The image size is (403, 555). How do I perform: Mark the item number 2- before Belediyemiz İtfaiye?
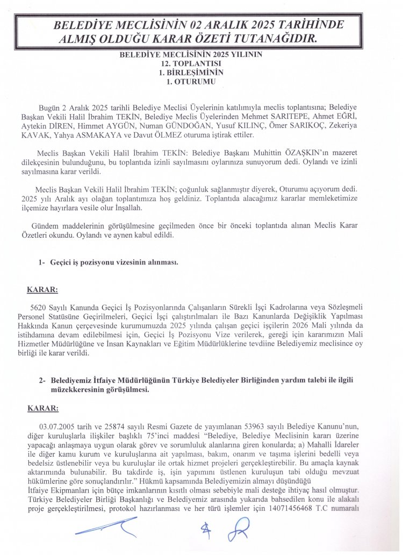coord(42,380)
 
